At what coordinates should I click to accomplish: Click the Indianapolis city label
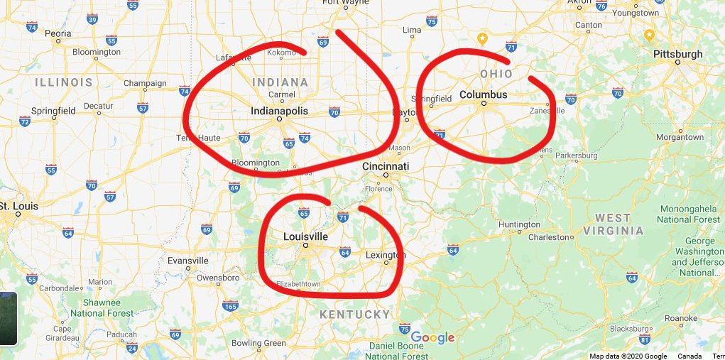[x=279, y=111]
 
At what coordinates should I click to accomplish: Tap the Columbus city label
[x=483, y=94]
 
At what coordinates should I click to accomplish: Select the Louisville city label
[x=305, y=236]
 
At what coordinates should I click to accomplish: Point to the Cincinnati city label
[x=386, y=165]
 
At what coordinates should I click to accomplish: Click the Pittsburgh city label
[x=679, y=54]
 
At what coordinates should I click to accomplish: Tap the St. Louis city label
[x=18, y=206]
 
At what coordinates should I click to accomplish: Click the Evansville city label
[x=187, y=261]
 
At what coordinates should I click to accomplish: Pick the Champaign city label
[x=145, y=83]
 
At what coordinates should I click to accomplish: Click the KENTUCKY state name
[x=354, y=314]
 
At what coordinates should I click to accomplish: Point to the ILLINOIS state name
[x=64, y=82]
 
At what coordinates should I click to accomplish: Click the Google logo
[x=432, y=338]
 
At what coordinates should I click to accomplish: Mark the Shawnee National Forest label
[x=102, y=307]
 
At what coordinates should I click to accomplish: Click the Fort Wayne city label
[x=345, y=2]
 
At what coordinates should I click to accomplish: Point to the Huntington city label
[x=519, y=225]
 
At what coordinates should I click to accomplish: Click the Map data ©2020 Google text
[x=628, y=356]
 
